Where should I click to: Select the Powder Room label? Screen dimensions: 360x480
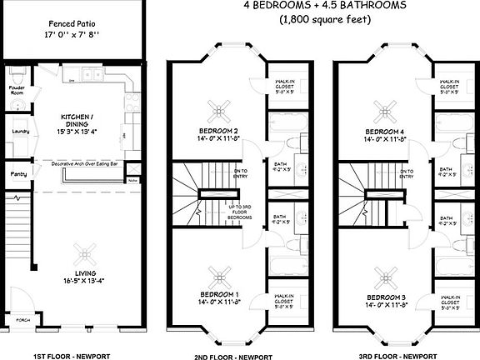click(x=16, y=89)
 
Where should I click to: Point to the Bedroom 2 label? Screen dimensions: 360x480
click(x=219, y=132)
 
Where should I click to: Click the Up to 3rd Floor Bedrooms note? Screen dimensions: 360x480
click(x=238, y=210)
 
